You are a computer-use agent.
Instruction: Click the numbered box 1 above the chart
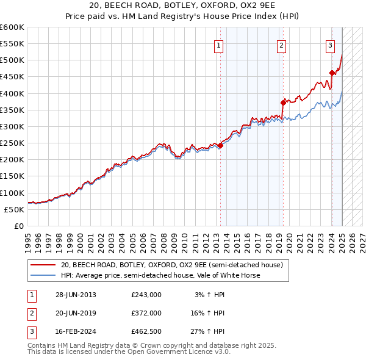point(218,44)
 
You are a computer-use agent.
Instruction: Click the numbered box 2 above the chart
point(281,44)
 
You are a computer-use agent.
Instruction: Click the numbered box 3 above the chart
point(330,44)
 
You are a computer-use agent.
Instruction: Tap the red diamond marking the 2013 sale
point(221,145)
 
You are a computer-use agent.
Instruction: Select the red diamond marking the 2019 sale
point(283,103)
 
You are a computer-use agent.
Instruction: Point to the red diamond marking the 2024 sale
point(332,73)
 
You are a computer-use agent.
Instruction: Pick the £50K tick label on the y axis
point(15,209)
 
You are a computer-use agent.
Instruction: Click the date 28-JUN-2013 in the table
point(75,295)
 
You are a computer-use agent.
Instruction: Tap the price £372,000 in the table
point(146,313)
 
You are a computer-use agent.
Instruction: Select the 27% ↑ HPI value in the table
point(210,331)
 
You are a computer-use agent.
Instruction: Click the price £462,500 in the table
point(146,331)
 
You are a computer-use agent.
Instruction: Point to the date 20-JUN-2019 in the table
point(75,313)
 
